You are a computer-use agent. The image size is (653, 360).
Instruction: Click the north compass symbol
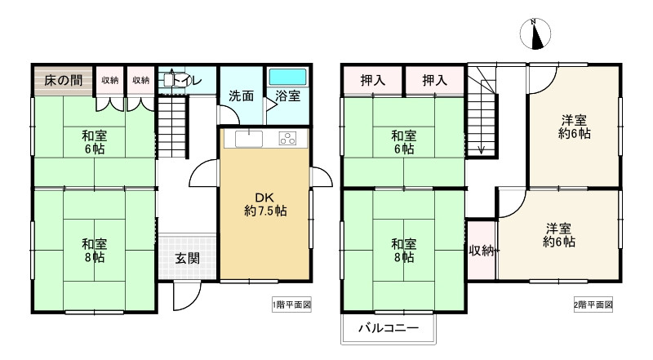(x=535, y=33)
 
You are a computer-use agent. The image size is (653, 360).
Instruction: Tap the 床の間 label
(x=64, y=80)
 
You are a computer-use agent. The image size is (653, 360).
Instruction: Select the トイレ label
(x=187, y=79)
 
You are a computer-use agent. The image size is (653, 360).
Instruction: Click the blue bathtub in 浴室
(x=287, y=77)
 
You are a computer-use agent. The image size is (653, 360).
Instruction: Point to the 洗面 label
(x=241, y=96)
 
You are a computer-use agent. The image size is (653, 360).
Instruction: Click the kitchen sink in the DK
(x=249, y=139)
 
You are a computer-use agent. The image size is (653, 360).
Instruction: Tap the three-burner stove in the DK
(x=287, y=138)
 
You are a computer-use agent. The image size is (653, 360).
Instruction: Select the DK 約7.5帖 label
(x=265, y=204)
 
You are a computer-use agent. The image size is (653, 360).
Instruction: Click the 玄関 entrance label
(x=188, y=258)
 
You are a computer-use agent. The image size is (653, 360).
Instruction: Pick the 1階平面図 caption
(x=292, y=305)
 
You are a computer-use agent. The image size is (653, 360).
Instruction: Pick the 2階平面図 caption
(x=593, y=305)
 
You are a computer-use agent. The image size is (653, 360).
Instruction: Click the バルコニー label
(x=389, y=328)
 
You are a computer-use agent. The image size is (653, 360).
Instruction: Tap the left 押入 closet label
(x=373, y=80)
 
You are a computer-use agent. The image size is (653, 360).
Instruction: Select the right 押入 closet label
(x=435, y=80)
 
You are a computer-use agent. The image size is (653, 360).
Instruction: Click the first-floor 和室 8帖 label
(x=94, y=251)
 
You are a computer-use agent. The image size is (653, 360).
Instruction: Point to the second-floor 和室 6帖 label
(x=403, y=142)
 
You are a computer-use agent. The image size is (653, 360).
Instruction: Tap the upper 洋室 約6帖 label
(x=575, y=127)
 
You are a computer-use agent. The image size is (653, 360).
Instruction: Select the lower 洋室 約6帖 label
(x=559, y=235)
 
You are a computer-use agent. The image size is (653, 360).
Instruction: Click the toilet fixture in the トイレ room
(x=169, y=79)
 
